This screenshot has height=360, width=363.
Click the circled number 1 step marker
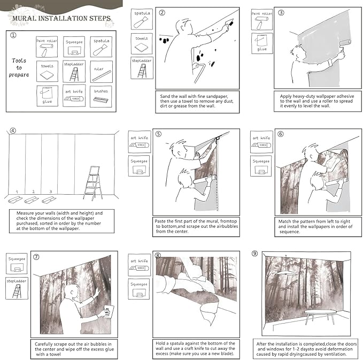(13, 35)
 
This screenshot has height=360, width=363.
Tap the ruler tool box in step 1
(101, 72)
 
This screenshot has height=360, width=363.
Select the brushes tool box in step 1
(101, 96)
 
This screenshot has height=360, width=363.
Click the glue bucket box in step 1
(47, 96)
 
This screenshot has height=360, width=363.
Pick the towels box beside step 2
(142, 44)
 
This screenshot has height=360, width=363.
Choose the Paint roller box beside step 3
(262, 19)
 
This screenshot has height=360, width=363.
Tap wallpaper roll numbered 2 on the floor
(32, 200)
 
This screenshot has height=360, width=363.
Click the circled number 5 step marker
(158, 134)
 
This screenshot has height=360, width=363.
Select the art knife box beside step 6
(261, 142)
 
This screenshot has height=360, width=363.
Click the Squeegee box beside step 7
(17, 264)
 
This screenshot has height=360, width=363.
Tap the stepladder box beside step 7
(17, 288)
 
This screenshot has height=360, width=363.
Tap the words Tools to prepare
(19, 67)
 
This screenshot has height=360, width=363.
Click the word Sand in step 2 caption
(165, 96)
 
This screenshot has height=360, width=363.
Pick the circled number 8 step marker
(158, 255)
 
